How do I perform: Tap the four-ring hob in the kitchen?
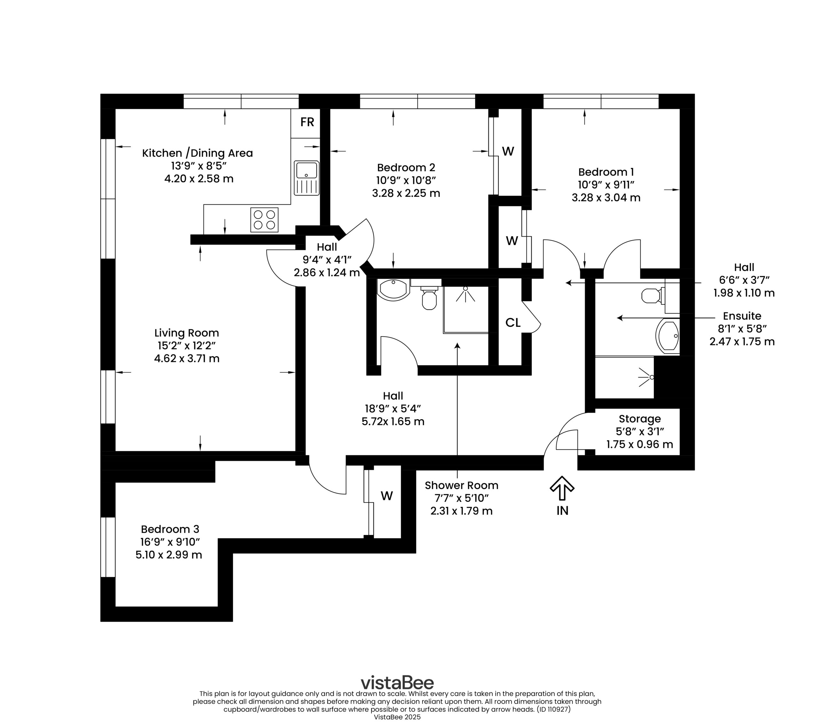click(265, 219)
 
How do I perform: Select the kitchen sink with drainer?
click(306, 178)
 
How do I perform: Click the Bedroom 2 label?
click(406, 168)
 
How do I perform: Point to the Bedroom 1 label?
click(606, 172)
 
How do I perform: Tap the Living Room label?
click(187, 333)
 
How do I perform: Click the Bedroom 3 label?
click(170, 529)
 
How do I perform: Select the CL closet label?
click(513, 322)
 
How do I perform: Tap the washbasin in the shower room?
click(394, 290)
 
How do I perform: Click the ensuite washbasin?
click(668, 336)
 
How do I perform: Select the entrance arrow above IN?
click(562, 488)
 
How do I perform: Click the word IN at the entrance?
click(562, 511)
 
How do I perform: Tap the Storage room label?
click(640, 419)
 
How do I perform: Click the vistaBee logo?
click(397, 682)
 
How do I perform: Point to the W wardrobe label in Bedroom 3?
click(387, 496)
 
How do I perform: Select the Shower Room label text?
click(462, 485)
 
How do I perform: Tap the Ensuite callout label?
click(742, 316)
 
